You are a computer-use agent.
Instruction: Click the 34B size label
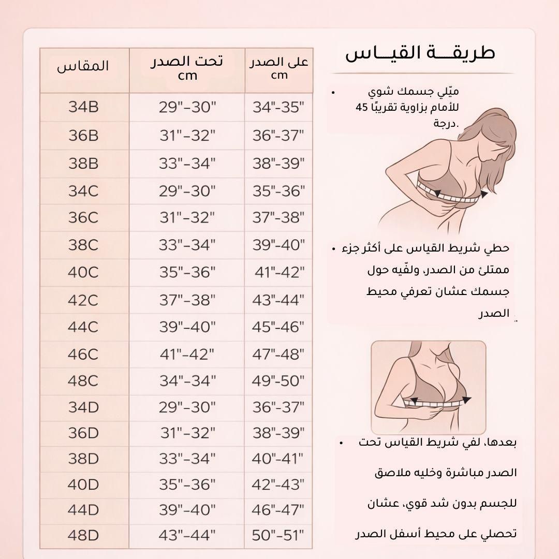(83, 108)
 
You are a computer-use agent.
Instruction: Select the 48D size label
(83, 536)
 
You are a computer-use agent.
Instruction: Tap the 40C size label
(83, 272)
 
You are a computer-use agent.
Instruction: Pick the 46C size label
(83, 355)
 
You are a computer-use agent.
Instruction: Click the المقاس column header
(83, 67)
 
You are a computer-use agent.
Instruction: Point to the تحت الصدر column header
(187, 68)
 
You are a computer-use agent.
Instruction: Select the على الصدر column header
(279, 68)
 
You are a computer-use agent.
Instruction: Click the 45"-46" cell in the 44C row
(278, 327)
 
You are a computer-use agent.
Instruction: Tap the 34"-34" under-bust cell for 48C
(187, 381)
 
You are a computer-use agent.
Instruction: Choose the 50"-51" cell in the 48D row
(278, 536)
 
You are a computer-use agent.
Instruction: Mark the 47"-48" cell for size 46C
(278, 355)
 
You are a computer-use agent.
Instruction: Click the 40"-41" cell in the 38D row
(278, 459)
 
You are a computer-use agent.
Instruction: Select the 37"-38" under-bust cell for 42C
(187, 300)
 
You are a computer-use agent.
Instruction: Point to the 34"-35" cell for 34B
(278, 108)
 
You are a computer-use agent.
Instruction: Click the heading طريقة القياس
(420, 53)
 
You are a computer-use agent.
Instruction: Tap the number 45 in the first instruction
(361, 108)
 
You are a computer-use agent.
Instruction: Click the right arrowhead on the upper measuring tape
(484, 194)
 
